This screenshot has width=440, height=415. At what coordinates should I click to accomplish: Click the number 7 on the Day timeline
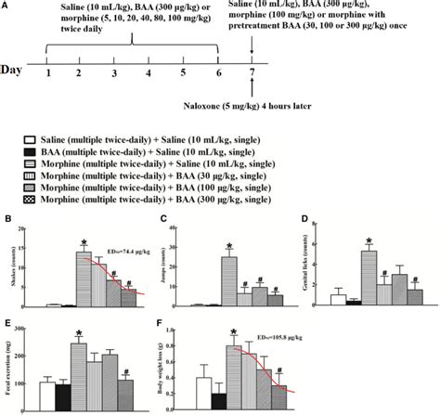[252, 72]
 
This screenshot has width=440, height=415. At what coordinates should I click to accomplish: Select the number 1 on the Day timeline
[45, 72]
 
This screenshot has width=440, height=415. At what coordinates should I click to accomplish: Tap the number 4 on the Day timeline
[149, 72]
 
